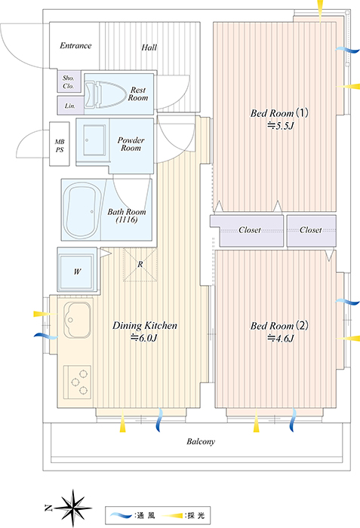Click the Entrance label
[75, 45]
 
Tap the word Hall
[149, 47]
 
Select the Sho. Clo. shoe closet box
[69, 81]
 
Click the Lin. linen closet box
[70, 106]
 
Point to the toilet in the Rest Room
[104, 94]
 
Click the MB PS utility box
[60, 144]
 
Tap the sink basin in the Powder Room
[94, 140]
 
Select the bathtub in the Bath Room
[83, 210]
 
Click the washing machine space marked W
[77, 271]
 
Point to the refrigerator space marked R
[140, 264]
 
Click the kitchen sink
[77, 321]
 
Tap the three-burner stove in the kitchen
[78, 382]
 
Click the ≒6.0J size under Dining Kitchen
[144, 338]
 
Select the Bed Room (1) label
[279, 113]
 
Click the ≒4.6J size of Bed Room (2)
[281, 338]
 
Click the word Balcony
[201, 441]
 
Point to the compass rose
[73, 508]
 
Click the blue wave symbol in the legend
[121, 515]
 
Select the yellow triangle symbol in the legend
[172, 515]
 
